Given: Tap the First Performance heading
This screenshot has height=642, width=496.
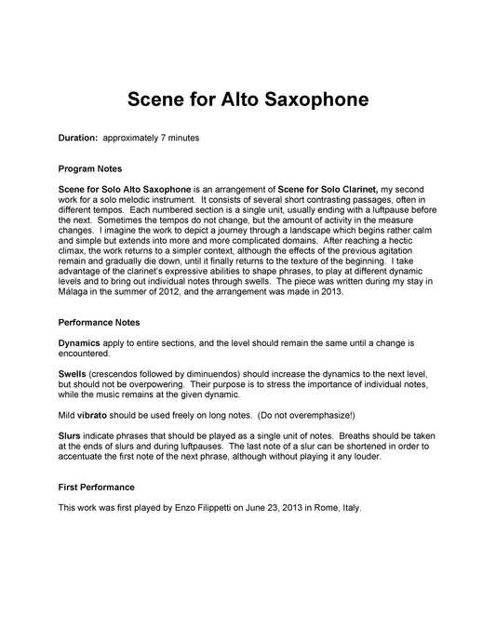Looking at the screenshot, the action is [97, 487].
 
